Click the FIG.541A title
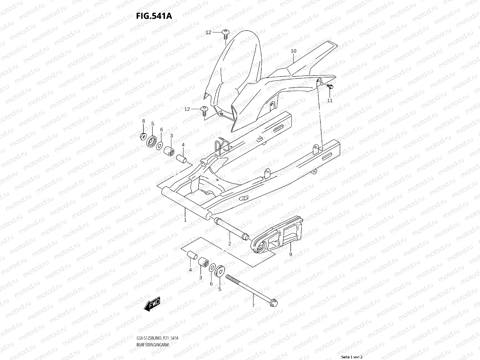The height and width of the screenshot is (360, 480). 154,16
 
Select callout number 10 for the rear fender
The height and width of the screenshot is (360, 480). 293,51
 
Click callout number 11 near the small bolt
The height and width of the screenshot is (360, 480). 330,100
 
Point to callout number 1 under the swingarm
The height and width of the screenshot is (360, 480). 185,220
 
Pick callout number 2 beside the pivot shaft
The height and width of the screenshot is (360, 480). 229,244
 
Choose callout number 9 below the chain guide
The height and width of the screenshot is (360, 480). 290,254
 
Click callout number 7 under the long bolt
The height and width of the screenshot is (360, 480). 253,305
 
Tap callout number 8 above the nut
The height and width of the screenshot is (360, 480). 143,121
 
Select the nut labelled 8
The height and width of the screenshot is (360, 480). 143,136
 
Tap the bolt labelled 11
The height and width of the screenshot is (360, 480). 330,87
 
